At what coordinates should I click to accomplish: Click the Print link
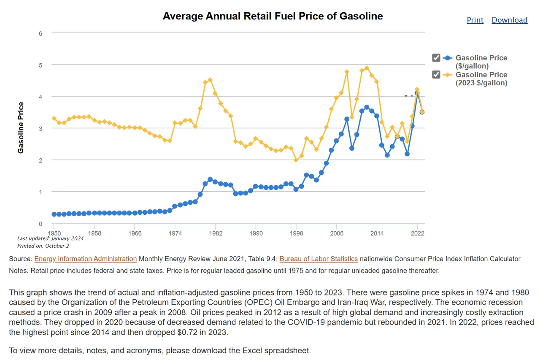475,20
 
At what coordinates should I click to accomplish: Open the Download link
509,20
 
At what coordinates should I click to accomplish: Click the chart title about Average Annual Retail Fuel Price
273,16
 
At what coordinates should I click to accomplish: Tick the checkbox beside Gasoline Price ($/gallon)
436,58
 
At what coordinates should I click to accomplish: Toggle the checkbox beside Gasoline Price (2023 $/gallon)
436,75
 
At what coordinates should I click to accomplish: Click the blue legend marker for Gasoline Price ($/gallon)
448,58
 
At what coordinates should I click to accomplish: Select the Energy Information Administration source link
85,259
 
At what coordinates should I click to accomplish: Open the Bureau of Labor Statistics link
319,259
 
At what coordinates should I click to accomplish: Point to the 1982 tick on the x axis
215,233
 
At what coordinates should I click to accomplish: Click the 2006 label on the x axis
336,233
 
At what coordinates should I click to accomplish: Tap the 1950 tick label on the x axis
54,233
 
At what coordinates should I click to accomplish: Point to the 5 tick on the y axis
40,65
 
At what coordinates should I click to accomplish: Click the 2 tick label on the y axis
40,160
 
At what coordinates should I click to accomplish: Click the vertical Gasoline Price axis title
21,127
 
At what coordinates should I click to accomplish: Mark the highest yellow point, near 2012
367,68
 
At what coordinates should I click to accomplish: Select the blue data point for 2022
417,93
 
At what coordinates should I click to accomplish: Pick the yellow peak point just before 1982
210,80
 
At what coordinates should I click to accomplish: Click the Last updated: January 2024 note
50,238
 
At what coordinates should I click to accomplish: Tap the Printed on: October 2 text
43,246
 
